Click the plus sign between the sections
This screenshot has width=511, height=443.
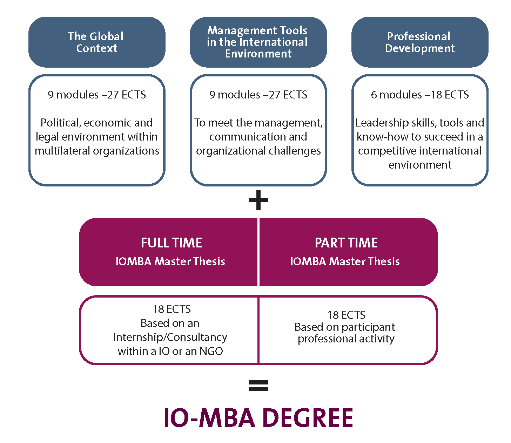[258, 200]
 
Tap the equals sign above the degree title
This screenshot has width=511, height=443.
[258, 386]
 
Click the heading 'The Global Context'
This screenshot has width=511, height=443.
[96, 42]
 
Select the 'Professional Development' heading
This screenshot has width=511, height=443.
[419, 42]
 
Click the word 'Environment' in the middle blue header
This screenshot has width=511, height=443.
[258, 54]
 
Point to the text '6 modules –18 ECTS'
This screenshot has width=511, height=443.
[419, 95]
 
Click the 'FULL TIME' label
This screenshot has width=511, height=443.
[171, 243]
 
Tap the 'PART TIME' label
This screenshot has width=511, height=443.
[346, 243]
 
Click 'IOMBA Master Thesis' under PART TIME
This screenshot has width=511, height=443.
[345, 261]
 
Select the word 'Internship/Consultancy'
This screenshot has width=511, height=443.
[170, 337]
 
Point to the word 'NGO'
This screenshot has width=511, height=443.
[211, 351]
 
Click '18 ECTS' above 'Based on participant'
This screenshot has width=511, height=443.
[346, 315]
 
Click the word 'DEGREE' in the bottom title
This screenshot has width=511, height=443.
[307, 418]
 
